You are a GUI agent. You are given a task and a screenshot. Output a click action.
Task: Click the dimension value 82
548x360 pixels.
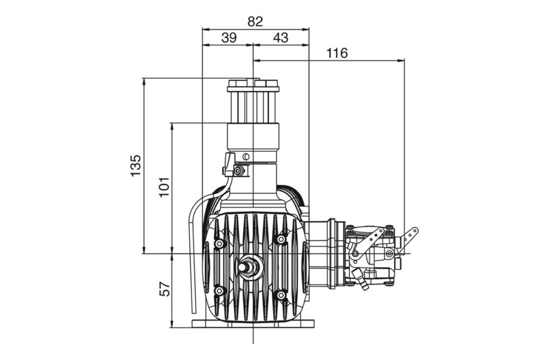tap(255, 22)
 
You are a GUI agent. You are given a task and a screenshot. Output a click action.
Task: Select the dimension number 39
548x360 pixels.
tap(229, 37)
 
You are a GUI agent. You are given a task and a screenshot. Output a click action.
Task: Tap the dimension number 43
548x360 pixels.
tap(280, 37)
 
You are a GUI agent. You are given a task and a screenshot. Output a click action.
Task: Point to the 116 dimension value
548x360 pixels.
tap(337, 53)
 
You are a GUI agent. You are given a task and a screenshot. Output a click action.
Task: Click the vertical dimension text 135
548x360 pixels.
tap(135, 166)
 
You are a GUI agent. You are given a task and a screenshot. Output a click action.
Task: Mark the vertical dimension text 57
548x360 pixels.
tap(166, 289)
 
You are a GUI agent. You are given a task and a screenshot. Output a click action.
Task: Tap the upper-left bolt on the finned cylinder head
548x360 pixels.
tap(220, 244)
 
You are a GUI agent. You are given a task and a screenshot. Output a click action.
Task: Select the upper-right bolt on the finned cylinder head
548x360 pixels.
tap(281, 239)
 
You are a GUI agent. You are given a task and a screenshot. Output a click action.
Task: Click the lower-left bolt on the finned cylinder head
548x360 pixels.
tap(219, 291)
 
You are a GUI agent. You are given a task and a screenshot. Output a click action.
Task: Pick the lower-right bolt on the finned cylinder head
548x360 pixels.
tap(281, 295)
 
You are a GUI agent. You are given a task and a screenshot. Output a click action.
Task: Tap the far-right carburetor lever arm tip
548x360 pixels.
tap(413, 232)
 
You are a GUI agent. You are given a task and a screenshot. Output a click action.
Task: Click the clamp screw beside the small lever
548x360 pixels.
tap(240, 171)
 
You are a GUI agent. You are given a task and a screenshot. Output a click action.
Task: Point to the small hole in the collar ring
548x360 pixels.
tap(246, 157)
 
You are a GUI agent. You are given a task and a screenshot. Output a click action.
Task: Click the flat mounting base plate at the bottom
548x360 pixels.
tap(253, 323)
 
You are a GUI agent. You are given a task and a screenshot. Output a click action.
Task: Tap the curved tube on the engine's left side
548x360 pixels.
tap(193, 253)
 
